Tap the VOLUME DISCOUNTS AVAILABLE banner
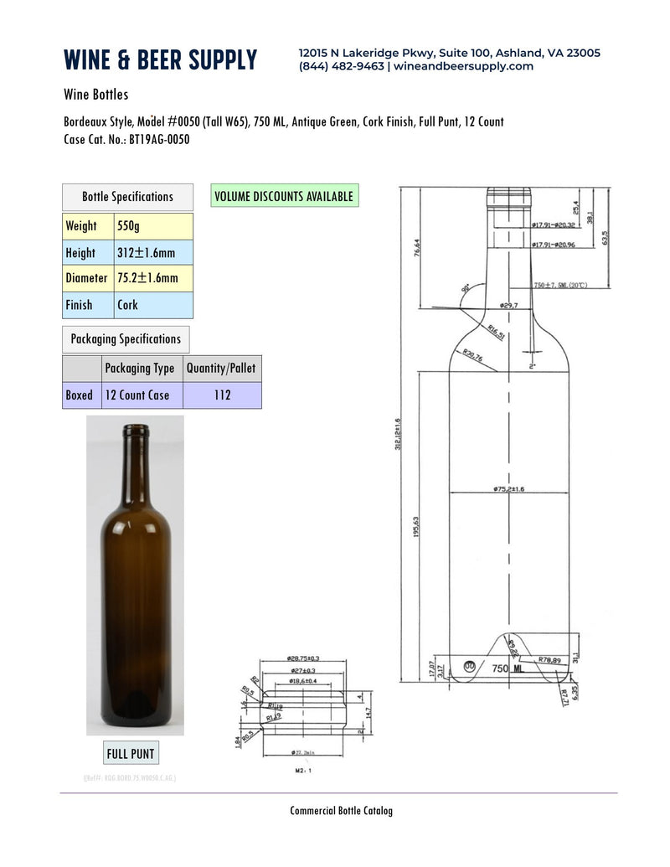coord(284,196)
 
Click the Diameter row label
coord(86,278)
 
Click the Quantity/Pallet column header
coord(221,369)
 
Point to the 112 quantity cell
coord(221,395)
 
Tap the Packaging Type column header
coord(140,369)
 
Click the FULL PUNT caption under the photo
coord(130,753)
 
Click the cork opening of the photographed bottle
coord(135,430)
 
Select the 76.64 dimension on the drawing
coord(416,250)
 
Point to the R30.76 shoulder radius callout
coord(472,358)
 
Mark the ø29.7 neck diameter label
coord(509,307)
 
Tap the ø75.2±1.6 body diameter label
coord(508,488)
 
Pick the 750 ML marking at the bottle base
coord(508,668)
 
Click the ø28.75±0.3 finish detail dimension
coord(303,659)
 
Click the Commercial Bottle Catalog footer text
coord(341,811)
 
